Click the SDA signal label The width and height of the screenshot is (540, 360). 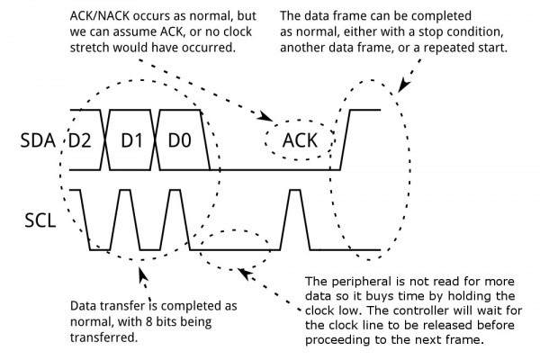[x=38, y=140]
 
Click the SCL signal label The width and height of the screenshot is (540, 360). [x=40, y=220]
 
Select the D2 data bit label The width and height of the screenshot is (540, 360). [x=80, y=140]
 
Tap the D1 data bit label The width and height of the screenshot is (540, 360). [x=132, y=140]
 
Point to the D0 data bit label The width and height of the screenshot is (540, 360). [x=179, y=140]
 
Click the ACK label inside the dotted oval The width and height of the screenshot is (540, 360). [x=300, y=140]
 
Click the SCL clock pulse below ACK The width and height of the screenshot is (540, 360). [x=295, y=220]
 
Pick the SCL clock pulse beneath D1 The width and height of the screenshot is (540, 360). [x=125, y=220]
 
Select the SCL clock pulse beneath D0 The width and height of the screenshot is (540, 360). [x=175, y=220]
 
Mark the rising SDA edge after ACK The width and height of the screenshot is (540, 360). [x=345, y=139]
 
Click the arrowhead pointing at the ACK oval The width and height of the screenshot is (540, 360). [x=266, y=117]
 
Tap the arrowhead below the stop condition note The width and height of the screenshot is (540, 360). [x=403, y=85]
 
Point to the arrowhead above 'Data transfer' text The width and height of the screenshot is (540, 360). [x=143, y=274]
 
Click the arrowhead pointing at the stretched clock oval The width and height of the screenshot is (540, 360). [x=245, y=274]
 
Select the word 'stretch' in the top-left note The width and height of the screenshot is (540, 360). [x=89, y=48]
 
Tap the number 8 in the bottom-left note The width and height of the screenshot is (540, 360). [x=149, y=322]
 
